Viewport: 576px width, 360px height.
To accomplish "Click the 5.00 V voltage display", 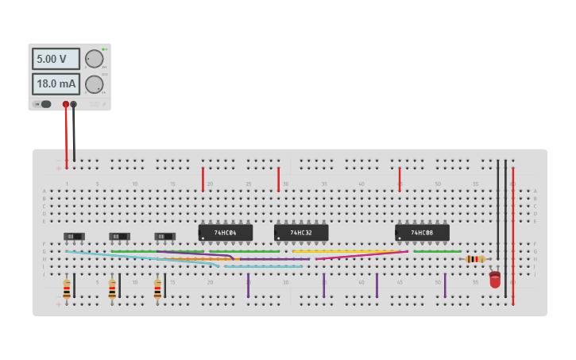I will point(56,59).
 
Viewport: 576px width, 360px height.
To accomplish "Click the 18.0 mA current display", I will point(56,84).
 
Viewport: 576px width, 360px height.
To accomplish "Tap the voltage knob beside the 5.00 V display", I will point(94,59).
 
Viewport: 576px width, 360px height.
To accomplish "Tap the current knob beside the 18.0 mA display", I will point(94,84).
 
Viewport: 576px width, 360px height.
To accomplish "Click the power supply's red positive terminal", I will point(66,104).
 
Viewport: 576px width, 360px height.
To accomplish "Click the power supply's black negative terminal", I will point(74,104).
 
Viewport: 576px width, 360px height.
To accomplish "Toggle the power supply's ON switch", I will point(44,104).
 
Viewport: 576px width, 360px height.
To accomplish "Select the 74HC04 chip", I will point(226,232).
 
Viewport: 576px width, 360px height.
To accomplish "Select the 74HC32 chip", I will point(301,232).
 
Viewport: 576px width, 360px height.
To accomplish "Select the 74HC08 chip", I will point(422,232).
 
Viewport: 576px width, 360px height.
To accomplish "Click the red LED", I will point(495,280).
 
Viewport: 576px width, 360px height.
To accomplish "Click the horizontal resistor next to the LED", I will point(475,259).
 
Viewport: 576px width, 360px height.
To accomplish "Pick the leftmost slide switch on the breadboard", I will point(74,236).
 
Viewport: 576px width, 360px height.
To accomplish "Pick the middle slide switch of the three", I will point(119,236).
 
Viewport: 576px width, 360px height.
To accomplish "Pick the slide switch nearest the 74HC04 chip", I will point(164,236).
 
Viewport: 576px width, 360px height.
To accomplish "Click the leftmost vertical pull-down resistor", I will point(67,288).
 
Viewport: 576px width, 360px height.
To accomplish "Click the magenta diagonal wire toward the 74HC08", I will point(361,255).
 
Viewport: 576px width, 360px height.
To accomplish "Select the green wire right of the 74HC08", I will point(437,251).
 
